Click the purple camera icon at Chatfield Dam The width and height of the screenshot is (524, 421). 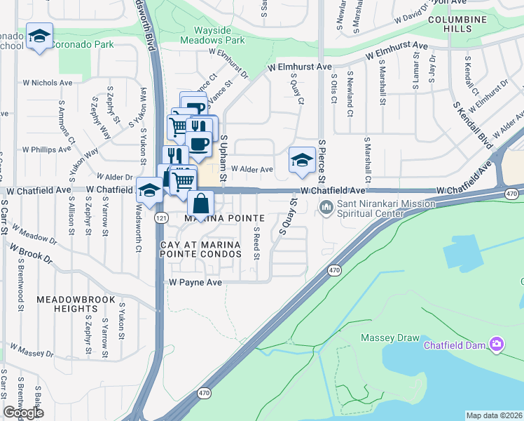pyautogui.click(x=497, y=343)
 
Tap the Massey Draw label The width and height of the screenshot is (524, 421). pyautogui.click(x=389, y=338)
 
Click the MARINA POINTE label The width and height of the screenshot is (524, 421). pyautogui.click(x=223, y=219)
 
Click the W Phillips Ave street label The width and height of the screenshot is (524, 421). pyautogui.click(x=48, y=149)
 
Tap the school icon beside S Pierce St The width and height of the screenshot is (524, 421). pyautogui.click(x=302, y=161)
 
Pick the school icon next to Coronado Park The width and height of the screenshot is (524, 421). pyautogui.click(x=40, y=36)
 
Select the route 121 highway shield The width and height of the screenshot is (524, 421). pyautogui.click(x=160, y=218)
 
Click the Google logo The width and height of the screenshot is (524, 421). pyautogui.click(x=24, y=413)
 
